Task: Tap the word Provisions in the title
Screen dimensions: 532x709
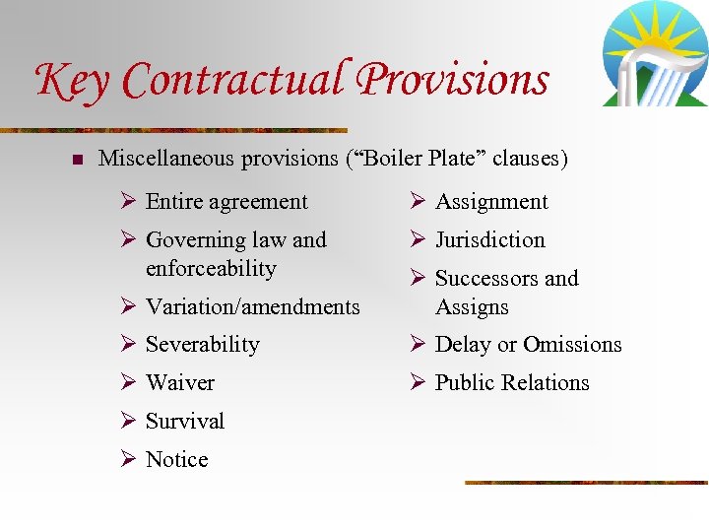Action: tap(453, 79)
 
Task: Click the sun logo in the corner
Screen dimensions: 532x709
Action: tap(654, 53)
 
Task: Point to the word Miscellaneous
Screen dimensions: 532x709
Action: tap(167, 158)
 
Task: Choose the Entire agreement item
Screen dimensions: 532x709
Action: tap(226, 202)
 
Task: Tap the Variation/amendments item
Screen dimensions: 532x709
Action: tap(252, 307)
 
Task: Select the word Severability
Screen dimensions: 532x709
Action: tap(202, 345)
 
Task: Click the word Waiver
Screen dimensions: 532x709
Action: tap(180, 383)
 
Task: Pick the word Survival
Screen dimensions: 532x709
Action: tap(185, 422)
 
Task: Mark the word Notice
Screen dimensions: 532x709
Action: tap(177, 460)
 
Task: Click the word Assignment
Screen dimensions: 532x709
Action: tap(491, 202)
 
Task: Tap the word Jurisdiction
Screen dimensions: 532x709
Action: tap(489, 240)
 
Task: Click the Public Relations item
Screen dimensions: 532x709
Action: tap(512, 383)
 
